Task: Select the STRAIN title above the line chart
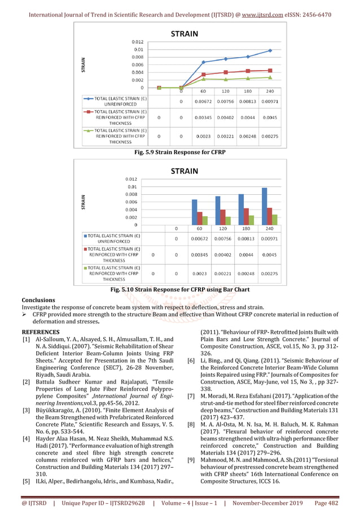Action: click(x=185, y=34)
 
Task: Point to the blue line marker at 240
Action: click(x=270, y=50)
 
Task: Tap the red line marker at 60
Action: click(x=203, y=75)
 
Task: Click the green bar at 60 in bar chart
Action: click(x=205, y=220)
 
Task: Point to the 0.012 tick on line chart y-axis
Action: click(x=138, y=42)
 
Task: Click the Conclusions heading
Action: click(x=38, y=300)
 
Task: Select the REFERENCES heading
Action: click(x=40, y=332)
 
